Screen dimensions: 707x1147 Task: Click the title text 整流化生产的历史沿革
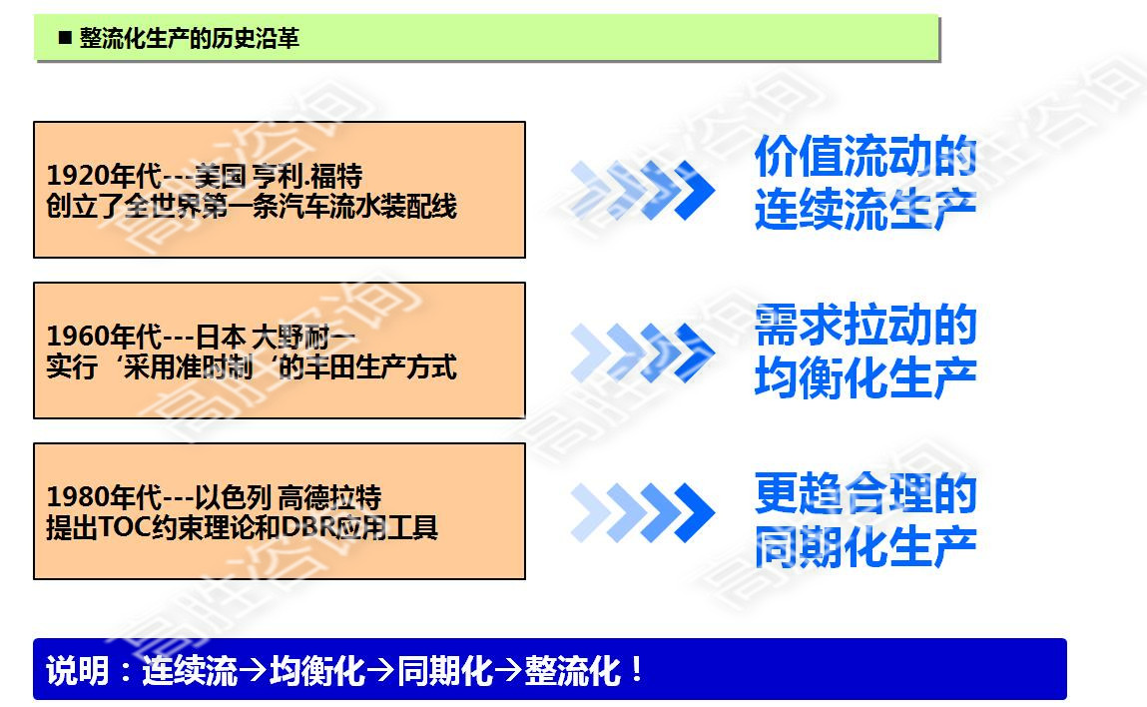tap(189, 39)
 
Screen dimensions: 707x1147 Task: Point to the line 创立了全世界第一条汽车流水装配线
tap(252, 206)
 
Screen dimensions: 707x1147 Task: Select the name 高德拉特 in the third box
tap(330, 497)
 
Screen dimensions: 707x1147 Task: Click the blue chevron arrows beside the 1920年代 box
tap(643, 190)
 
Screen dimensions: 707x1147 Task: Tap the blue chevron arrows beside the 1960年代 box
tap(643, 352)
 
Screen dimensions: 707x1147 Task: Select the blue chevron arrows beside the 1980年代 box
tap(643, 512)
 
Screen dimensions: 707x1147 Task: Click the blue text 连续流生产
tap(864, 210)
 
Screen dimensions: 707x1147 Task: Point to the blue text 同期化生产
tap(864, 546)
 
